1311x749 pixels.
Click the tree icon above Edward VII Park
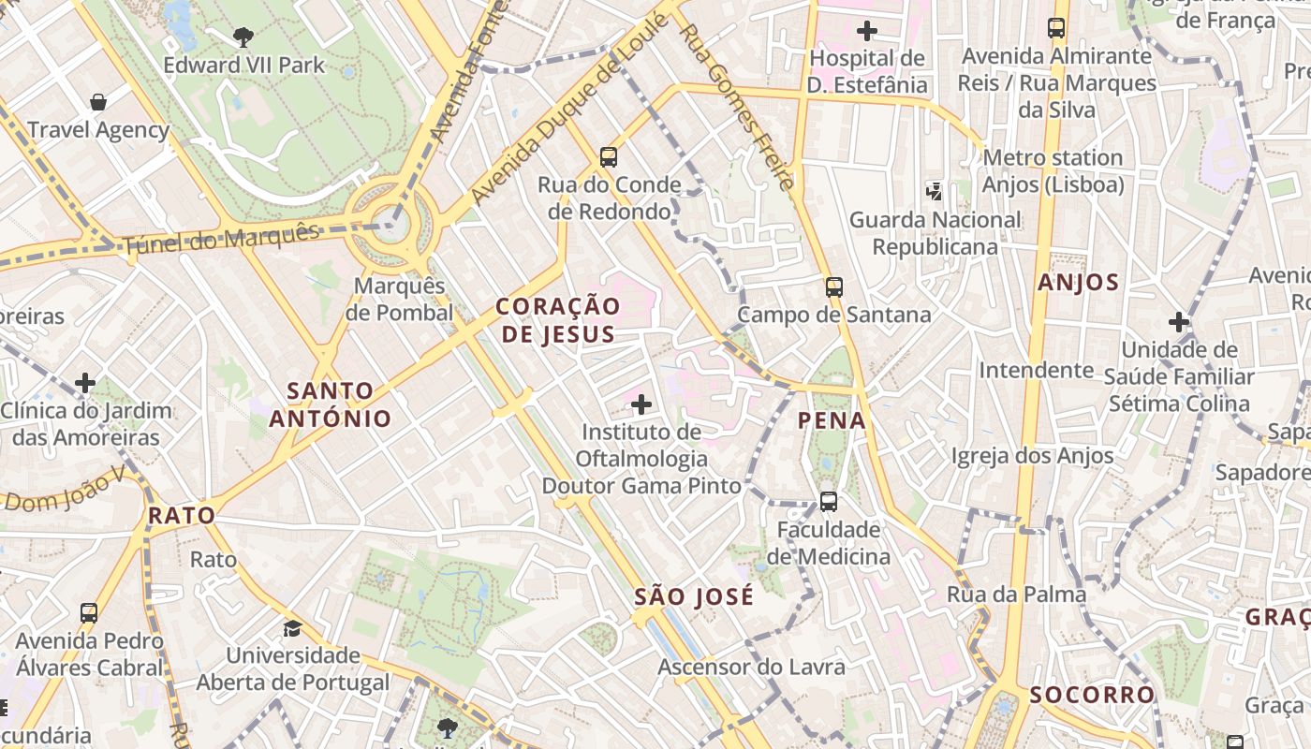click(x=243, y=37)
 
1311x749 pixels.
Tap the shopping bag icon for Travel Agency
click(x=98, y=101)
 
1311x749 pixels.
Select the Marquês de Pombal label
click(x=399, y=300)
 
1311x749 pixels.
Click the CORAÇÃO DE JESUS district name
click(x=557, y=320)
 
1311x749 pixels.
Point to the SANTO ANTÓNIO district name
click(x=330, y=404)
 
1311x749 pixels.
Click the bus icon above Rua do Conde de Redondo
click(x=609, y=156)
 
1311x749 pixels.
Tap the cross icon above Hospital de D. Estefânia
click(x=867, y=31)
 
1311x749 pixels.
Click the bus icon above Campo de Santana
click(x=833, y=286)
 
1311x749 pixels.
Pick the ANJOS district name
click(x=1078, y=282)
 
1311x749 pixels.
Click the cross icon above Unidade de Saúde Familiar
click(x=1179, y=323)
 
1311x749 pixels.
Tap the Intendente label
click(x=1036, y=370)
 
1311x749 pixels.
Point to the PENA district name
click(x=832, y=420)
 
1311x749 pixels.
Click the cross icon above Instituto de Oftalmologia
click(x=641, y=404)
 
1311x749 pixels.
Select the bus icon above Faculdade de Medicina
click(x=829, y=501)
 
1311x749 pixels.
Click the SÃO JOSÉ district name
click(x=693, y=596)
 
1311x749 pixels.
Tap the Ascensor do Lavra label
click(x=751, y=667)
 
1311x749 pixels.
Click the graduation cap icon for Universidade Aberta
click(x=293, y=627)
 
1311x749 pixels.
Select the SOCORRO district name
click(x=1092, y=695)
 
